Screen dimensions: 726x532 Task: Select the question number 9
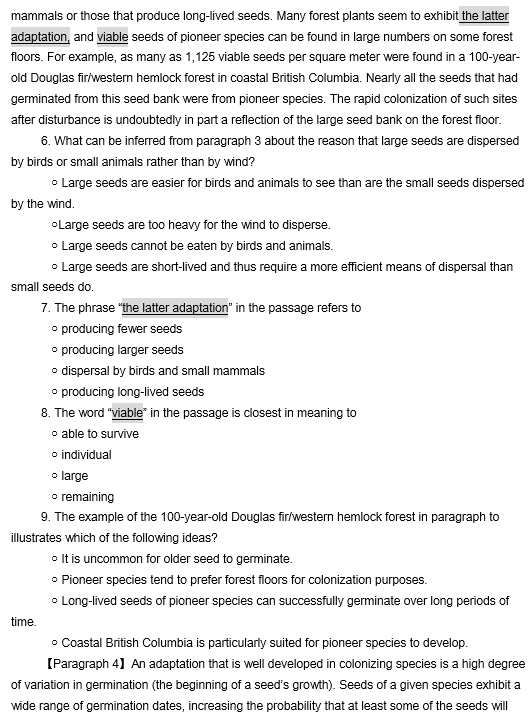click(x=45, y=517)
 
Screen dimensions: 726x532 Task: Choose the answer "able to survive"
click(x=100, y=434)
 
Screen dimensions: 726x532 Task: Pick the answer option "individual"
click(x=87, y=455)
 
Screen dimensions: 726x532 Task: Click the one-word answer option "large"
click(x=75, y=476)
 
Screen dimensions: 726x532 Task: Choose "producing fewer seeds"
click(x=122, y=329)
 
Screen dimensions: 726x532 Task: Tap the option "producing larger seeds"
click(x=123, y=350)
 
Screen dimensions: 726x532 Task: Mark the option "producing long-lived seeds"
click(x=133, y=392)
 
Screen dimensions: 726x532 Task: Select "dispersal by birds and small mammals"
click(x=163, y=371)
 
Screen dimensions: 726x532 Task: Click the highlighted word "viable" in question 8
click(x=127, y=413)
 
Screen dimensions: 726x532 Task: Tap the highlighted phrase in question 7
click(x=175, y=308)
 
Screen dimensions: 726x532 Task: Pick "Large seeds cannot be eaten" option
click(x=197, y=246)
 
